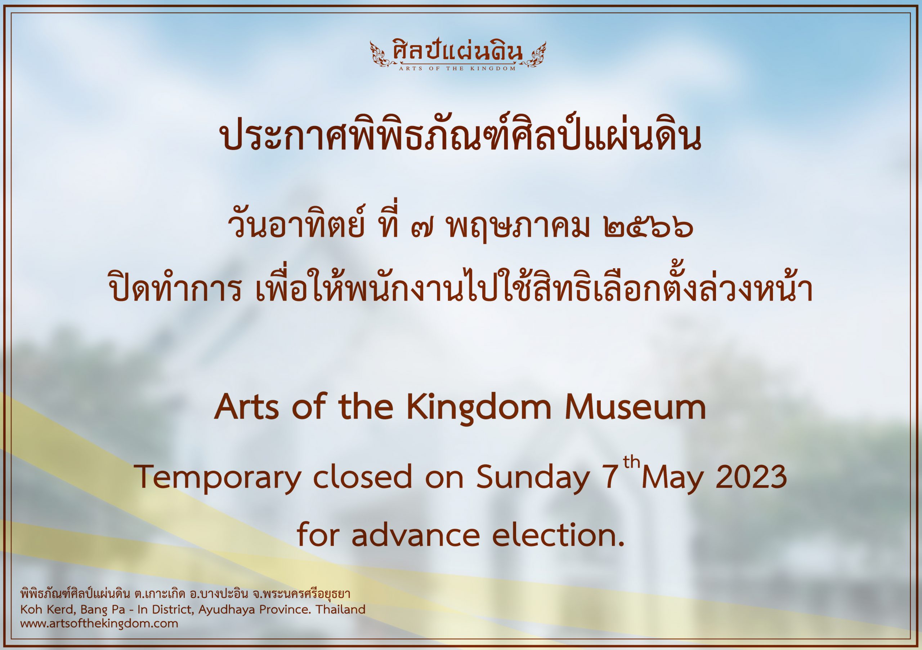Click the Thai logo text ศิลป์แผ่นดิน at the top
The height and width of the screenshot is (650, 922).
coord(457,53)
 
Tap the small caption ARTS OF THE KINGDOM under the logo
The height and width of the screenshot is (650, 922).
coord(457,69)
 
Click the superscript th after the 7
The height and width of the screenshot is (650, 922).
coord(631,462)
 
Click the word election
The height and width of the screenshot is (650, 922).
coord(558,535)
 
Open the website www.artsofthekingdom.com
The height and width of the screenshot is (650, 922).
coord(99,623)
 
